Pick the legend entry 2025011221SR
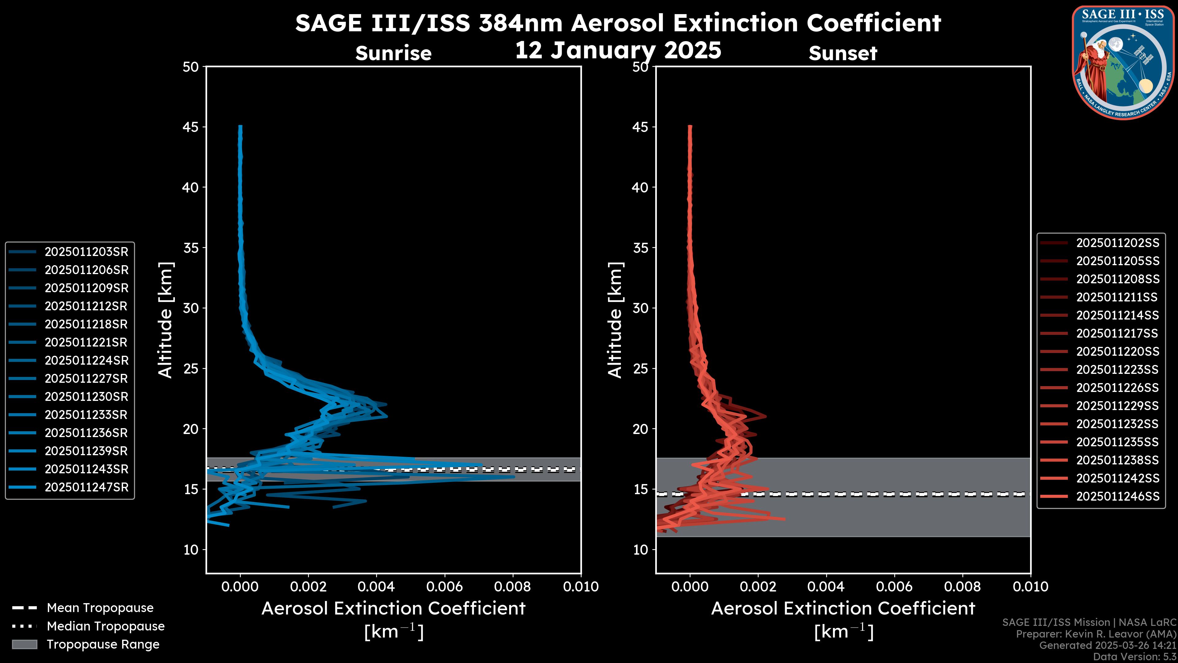86,342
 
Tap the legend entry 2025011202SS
1118,243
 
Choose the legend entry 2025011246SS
1118,496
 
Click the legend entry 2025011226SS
1118,388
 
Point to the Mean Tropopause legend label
100,608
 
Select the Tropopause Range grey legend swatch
25,644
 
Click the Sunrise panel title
393,53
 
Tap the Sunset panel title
843,53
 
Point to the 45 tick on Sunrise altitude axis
191,127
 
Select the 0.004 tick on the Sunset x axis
826,587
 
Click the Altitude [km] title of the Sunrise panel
166,320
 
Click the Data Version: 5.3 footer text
1134,657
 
